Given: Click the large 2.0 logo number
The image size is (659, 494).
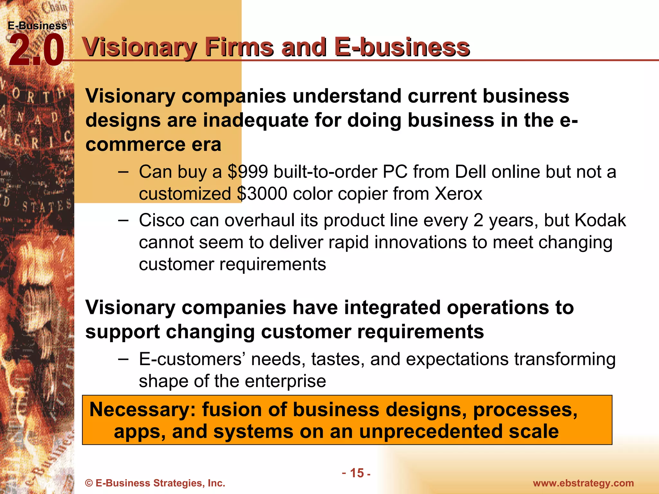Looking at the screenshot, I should pos(36,51).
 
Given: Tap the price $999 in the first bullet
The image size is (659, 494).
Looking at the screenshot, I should pos(248,172).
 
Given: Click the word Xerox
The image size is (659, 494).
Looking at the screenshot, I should pos(459,194).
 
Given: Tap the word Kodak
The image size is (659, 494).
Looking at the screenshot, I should pos(600,221).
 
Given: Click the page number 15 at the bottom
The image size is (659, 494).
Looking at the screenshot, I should pos(357,473).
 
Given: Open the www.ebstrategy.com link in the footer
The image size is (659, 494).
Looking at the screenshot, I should pos(583,483).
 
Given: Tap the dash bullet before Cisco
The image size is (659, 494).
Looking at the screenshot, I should pos(123,221).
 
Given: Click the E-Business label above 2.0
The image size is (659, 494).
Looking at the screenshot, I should pos(37,26).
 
